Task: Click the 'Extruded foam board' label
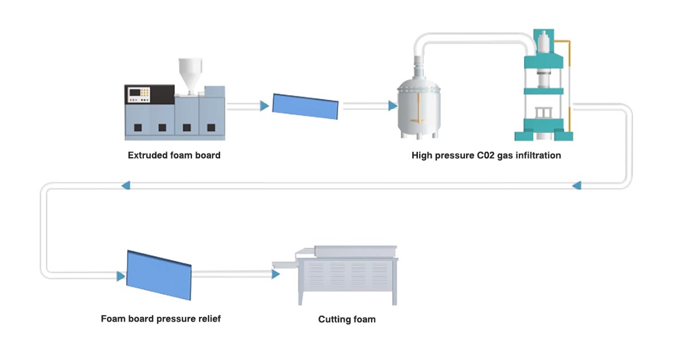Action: pyautogui.click(x=174, y=155)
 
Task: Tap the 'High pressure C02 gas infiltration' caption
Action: pyautogui.click(x=486, y=155)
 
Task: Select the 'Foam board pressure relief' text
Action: pyautogui.click(x=161, y=319)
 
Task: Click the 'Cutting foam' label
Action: pyautogui.click(x=347, y=319)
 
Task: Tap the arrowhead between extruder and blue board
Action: pyautogui.click(x=264, y=106)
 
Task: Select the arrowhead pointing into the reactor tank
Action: pyautogui.click(x=393, y=106)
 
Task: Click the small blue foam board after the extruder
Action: pyautogui.click(x=305, y=106)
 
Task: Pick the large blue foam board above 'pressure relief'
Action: pyautogui.click(x=158, y=275)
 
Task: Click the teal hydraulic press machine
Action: pyautogui.click(x=544, y=86)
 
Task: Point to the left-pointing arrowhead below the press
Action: pyautogui.click(x=577, y=185)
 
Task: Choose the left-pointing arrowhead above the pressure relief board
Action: pyautogui.click(x=126, y=185)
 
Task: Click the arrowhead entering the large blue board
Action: pyautogui.click(x=121, y=277)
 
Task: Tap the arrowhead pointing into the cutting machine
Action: pyautogui.click(x=276, y=275)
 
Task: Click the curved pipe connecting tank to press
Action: pyautogui.click(x=476, y=36)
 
